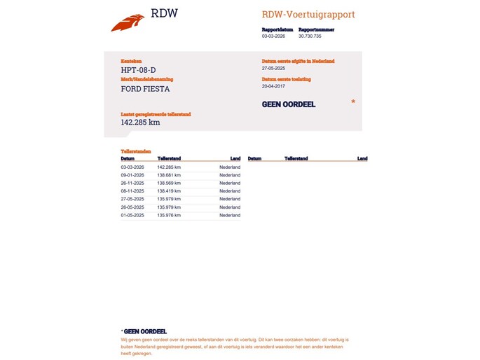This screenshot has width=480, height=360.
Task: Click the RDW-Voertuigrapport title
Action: click(x=308, y=14)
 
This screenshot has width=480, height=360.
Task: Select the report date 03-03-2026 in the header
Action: click(x=273, y=36)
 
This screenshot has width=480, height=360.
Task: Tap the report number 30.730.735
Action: click(x=310, y=36)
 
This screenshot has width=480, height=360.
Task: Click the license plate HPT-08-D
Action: click(x=138, y=70)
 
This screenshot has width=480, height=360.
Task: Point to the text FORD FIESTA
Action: click(x=145, y=89)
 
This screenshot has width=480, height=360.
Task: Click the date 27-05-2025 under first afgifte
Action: click(x=273, y=69)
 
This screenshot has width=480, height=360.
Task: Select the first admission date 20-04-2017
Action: click(x=273, y=87)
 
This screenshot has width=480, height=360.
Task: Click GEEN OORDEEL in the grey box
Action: click(x=288, y=104)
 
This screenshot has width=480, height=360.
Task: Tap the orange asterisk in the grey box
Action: click(x=353, y=102)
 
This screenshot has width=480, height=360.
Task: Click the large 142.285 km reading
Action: click(x=140, y=123)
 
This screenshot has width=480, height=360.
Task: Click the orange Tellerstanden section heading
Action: click(x=135, y=151)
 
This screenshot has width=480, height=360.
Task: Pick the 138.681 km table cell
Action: click(x=169, y=175)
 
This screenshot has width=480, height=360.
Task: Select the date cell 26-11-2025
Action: click(x=132, y=183)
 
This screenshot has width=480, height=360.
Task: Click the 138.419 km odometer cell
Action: click(x=169, y=191)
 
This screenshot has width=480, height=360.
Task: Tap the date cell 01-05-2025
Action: click(x=132, y=215)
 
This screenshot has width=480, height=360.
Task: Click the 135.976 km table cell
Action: click(x=169, y=215)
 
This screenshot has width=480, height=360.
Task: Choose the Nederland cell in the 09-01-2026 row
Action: click(x=229, y=175)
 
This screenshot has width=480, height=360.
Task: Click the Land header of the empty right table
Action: click(x=362, y=159)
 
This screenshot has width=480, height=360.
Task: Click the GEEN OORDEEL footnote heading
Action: click(x=145, y=331)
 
